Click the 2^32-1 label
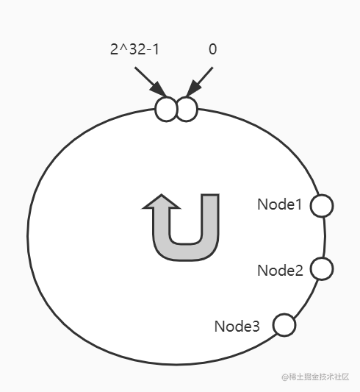coord(134,49)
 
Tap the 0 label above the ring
coord(213,49)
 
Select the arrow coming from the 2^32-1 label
coord(151,82)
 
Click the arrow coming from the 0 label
coord(200,82)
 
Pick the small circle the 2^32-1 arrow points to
coord(166,110)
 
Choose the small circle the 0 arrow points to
coord(187,110)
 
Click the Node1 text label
coord(280,204)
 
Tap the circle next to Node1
coord(322,205)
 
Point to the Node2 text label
coord(280,271)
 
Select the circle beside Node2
coord(322,268)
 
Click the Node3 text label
coord(237,327)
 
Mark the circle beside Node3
coord(284,325)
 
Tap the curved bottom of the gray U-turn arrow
coord(186,252)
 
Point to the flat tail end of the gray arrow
coord(210,194)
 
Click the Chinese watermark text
coord(319,377)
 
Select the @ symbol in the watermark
coord(285,377)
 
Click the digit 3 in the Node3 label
coord(256,327)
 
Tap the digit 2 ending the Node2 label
coord(299,271)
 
